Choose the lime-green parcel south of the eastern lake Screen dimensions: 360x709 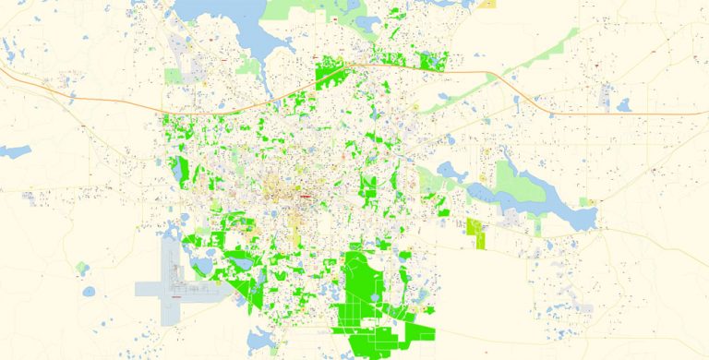pyautogui.click(x=478, y=232)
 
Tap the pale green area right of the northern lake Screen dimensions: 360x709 pyautogui.click(x=305, y=11)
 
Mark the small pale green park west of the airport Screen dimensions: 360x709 pyautogui.click(x=83, y=269)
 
